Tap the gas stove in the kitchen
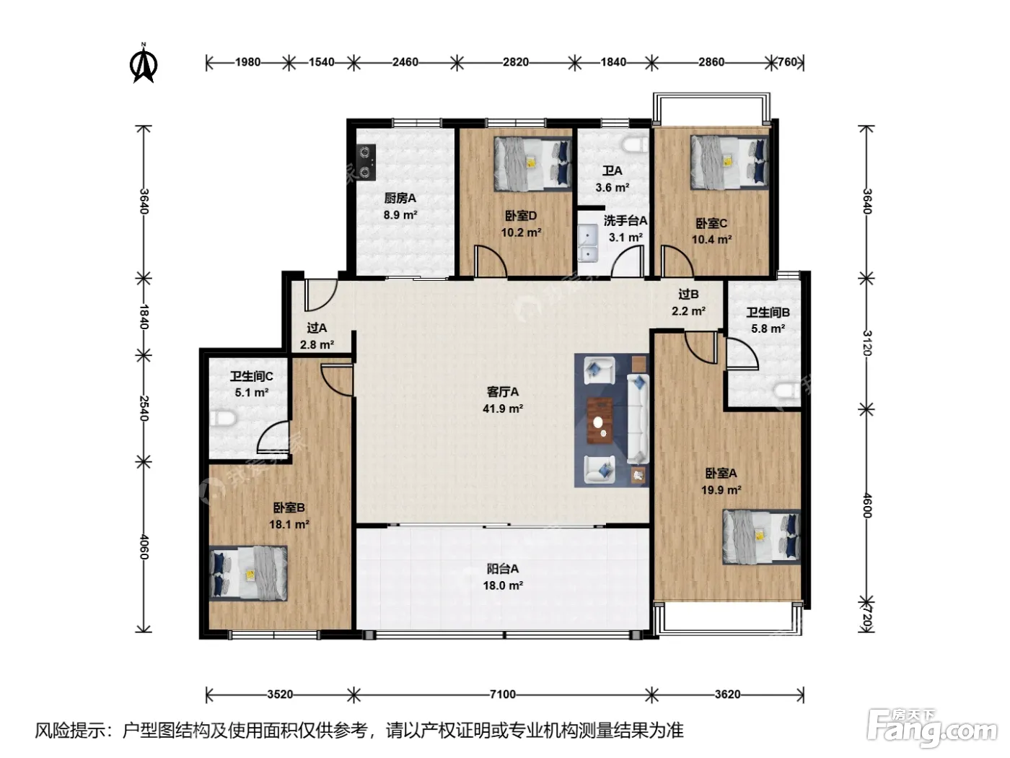pyautogui.click(x=366, y=162)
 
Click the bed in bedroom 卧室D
pyautogui.click(x=533, y=163)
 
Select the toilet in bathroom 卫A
pyautogui.click(x=635, y=145)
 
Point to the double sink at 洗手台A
pyautogui.click(x=587, y=243)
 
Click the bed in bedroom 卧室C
pyautogui.click(x=729, y=162)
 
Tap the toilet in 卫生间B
pyautogui.click(x=787, y=391)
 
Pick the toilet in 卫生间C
pyautogui.click(x=223, y=419)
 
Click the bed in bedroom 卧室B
pyautogui.click(x=248, y=573)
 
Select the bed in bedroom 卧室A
pyautogui.click(x=762, y=536)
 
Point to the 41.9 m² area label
pyautogui.click(x=502, y=409)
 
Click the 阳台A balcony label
pyautogui.click(x=502, y=569)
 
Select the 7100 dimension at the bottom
pyautogui.click(x=502, y=694)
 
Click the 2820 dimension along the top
pyautogui.click(x=515, y=62)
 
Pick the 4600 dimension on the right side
pyautogui.click(x=867, y=505)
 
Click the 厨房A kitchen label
pyautogui.click(x=400, y=199)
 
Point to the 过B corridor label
pyautogui.click(x=688, y=294)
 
